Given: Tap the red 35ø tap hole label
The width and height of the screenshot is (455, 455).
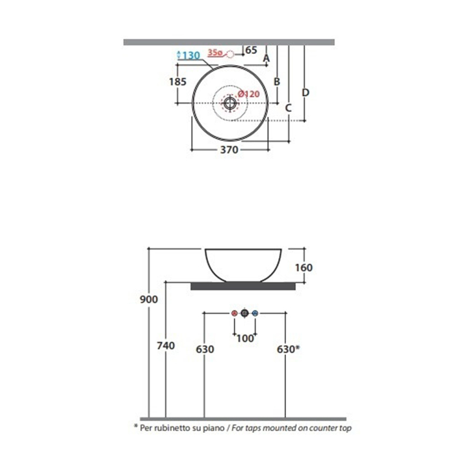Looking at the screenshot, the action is pyautogui.click(x=215, y=53).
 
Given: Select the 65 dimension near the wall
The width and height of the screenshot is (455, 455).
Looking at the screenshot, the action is pyautogui.click(x=252, y=50).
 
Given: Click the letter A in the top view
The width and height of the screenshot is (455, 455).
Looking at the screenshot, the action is pyautogui.click(x=266, y=58).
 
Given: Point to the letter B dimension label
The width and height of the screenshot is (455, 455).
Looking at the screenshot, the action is pyautogui.click(x=277, y=81).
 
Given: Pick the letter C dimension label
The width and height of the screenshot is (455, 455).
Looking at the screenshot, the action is pyautogui.click(x=288, y=108).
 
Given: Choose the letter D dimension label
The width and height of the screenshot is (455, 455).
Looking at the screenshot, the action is pyautogui.click(x=305, y=92).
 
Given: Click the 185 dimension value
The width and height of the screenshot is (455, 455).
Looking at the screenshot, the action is pyautogui.click(x=177, y=82).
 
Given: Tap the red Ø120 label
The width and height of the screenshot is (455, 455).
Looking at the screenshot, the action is pyautogui.click(x=248, y=94).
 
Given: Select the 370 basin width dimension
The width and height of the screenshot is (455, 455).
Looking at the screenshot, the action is pyautogui.click(x=229, y=149).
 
